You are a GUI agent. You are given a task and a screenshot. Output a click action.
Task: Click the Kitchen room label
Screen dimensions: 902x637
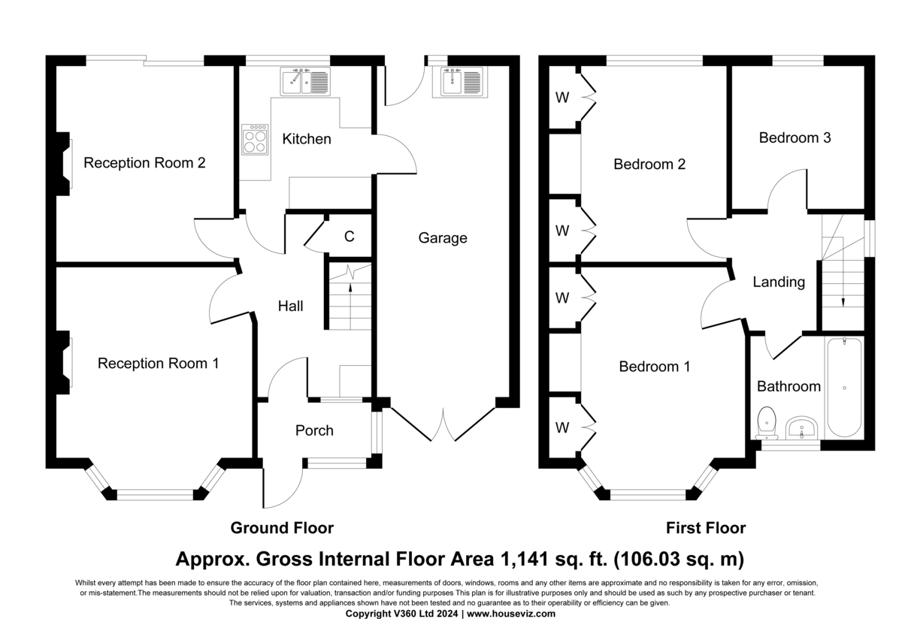[307, 139]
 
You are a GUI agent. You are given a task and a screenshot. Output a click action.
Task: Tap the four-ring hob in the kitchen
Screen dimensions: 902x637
[255, 139]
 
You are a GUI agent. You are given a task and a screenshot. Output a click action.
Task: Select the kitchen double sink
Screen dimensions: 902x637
[305, 81]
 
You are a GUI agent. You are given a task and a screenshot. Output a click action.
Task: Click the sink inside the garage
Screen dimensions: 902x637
[460, 82]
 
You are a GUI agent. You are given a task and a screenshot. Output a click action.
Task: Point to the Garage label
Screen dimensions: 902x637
[443, 238]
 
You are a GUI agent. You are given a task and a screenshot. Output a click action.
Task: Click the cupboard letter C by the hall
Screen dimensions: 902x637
[349, 236]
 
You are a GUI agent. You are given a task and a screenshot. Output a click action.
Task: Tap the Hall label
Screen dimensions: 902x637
[290, 306]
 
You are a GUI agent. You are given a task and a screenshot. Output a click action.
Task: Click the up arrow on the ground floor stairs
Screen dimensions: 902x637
[350, 306]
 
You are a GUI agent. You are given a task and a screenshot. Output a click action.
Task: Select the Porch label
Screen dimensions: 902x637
[314, 430]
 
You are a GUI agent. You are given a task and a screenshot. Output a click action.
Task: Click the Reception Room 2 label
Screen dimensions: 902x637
[144, 162]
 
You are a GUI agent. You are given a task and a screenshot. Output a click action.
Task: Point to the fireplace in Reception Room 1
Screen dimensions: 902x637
[64, 362]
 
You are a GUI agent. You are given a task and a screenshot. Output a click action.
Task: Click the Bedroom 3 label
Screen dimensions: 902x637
[795, 137]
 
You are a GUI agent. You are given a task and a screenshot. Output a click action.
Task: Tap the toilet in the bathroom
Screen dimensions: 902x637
[767, 423]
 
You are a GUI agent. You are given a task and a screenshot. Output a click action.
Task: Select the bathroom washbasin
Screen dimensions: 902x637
[801, 427]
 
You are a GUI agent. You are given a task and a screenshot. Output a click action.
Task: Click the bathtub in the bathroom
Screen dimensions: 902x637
[844, 388]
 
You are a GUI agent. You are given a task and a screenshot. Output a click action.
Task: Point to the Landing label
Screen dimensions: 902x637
[779, 282]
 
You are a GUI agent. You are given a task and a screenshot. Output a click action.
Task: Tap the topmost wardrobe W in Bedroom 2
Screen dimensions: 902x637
[562, 98]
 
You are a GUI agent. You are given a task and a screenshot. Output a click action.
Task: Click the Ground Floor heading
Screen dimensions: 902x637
[282, 528]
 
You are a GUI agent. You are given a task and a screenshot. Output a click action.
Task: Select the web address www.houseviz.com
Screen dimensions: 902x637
[511, 614]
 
